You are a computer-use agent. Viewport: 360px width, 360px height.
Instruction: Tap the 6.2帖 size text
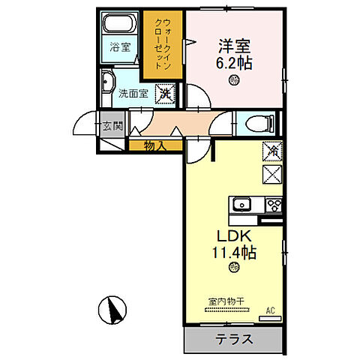click(234, 63)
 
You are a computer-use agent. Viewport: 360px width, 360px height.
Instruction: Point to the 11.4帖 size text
click(234, 253)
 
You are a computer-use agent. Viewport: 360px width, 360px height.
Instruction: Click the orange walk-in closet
click(161, 43)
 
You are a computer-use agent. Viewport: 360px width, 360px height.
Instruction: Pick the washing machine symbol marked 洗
click(166, 94)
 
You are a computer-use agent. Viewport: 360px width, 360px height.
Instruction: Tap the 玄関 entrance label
click(112, 125)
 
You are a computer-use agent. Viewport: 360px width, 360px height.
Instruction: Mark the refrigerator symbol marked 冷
click(271, 151)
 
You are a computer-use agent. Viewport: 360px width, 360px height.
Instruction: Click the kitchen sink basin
click(243, 205)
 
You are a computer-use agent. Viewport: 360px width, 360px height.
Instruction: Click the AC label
click(269, 309)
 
